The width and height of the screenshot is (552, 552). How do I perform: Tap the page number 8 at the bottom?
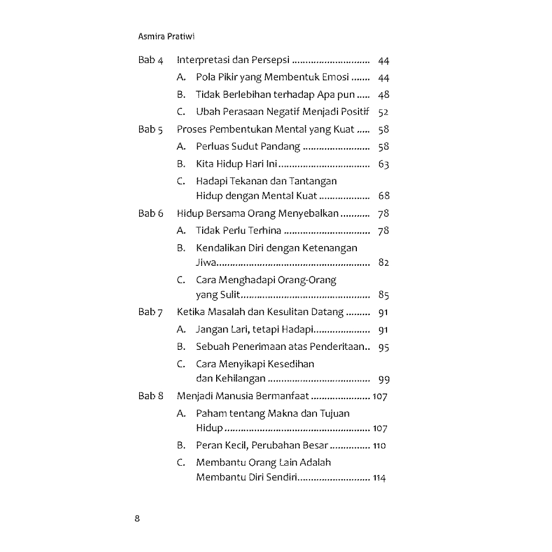pyautogui.click(x=137, y=519)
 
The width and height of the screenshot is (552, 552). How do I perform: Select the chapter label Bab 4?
pyautogui.click(x=150, y=60)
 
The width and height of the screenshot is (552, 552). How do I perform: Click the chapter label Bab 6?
pyautogui.click(x=150, y=213)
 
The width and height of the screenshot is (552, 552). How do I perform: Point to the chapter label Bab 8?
pyautogui.click(x=150, y=396)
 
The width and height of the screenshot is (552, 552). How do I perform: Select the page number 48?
pyautogui.click(x=383, y=95)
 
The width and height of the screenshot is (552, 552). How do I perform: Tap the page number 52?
pyautogui.click(x=383, y=112)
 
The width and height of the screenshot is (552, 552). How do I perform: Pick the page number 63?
pyautogui.click(x=383, y=164)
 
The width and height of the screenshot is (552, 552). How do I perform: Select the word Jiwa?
pyautogui.click(x=205, y=263)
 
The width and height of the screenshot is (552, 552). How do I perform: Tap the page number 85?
pyautogui.click(x=383, y=295)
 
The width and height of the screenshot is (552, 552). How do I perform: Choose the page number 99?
pyautogui.click(x=383, y=379)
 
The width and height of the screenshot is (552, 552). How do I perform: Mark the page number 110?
pyautogui.click(x=379, y=446)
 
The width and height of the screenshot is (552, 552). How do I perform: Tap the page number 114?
pyautogui.click(x=379, y=478)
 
